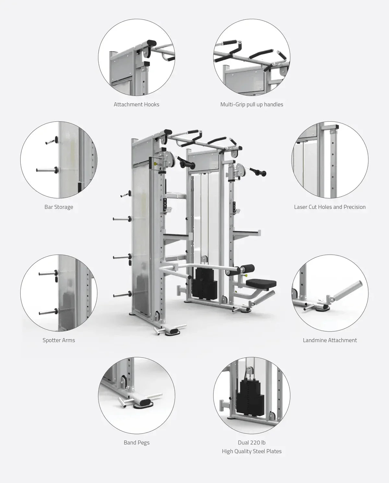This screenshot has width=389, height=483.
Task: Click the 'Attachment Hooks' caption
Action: [136, 104]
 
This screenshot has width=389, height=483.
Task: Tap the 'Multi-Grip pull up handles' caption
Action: [252, 104]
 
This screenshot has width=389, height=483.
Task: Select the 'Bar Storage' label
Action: [59, 207]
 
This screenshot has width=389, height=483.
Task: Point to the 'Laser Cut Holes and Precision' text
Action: [330, 207]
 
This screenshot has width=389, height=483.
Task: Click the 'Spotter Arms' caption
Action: [59, 340]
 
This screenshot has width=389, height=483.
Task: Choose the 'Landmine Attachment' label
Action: [330, 340]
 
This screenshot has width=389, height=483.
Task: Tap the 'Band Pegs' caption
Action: [136, 442]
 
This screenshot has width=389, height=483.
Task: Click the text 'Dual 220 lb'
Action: [252, 442]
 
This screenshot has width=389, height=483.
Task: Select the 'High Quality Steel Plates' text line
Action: [252, 451]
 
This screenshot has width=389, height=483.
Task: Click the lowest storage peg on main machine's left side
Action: [122, 295]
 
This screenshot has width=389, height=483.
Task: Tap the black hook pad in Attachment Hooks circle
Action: [151, 43]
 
